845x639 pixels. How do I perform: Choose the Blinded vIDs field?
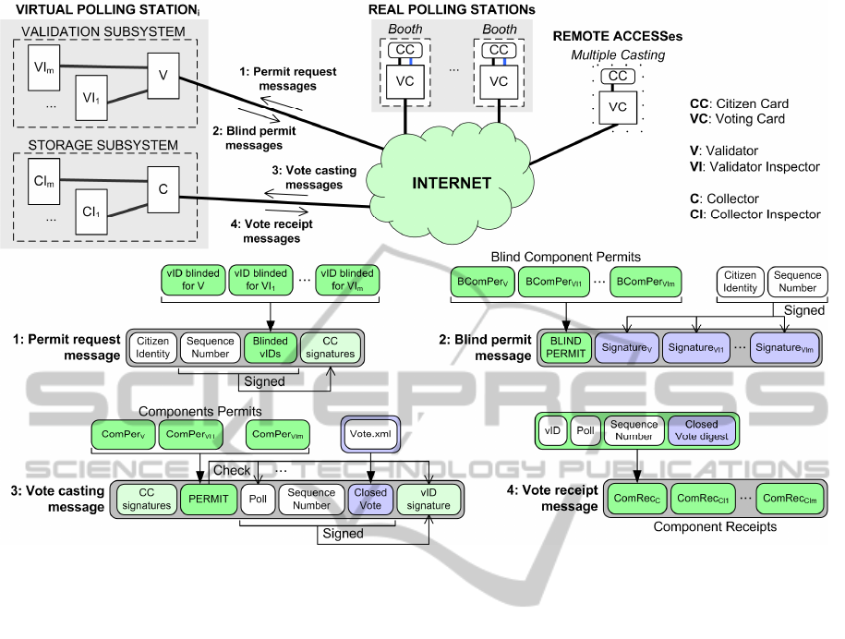pos(269,346)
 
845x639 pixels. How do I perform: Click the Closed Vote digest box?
pos(701,430)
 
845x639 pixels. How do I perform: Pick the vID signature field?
pos(429,499)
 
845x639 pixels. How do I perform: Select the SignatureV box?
pos(622,347)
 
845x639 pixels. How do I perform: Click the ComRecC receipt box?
pos(634,499)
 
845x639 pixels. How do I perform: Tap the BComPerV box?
pos(481,279)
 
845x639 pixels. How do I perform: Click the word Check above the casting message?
pos(232,470)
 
